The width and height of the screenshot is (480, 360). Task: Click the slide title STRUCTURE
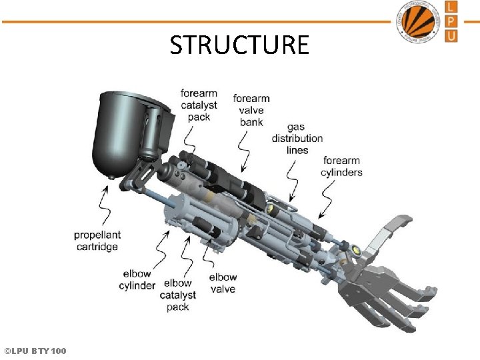click(239, 45)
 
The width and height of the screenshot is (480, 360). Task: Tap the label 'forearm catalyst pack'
click(199, 105)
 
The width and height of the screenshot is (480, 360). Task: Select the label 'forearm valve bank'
click(251, 110)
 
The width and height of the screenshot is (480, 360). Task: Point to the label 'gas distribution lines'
click(297, 139)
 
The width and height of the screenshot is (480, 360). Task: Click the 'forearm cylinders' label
click(342, 166)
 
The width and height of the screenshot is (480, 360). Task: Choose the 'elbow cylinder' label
click(137, 280)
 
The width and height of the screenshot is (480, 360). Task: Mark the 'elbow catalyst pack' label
click(178, 295)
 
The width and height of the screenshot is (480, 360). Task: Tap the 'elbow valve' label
click(223, 283)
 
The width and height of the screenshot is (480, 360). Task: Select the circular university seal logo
click(418, 21)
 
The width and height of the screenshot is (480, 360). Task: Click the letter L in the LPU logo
click(452, 7)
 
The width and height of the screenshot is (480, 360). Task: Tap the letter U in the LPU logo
click(452, 35)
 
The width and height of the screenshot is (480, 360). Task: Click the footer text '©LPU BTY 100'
click(35, 351)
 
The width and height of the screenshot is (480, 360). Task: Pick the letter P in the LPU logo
click(452, 21)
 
